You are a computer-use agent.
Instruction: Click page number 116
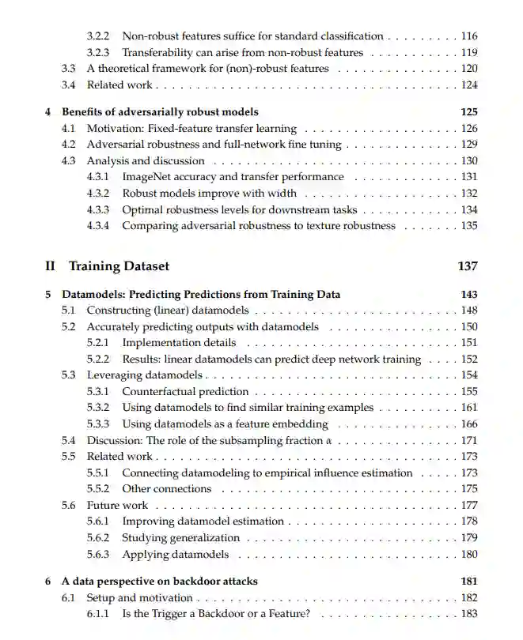468,36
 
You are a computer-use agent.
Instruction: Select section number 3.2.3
98,53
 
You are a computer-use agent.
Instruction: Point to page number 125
468,112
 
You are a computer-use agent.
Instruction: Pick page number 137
467,266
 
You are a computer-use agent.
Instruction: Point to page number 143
468,295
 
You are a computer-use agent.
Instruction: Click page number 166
468,424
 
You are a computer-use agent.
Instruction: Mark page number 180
468,555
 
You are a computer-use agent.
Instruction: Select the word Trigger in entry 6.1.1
163,614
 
